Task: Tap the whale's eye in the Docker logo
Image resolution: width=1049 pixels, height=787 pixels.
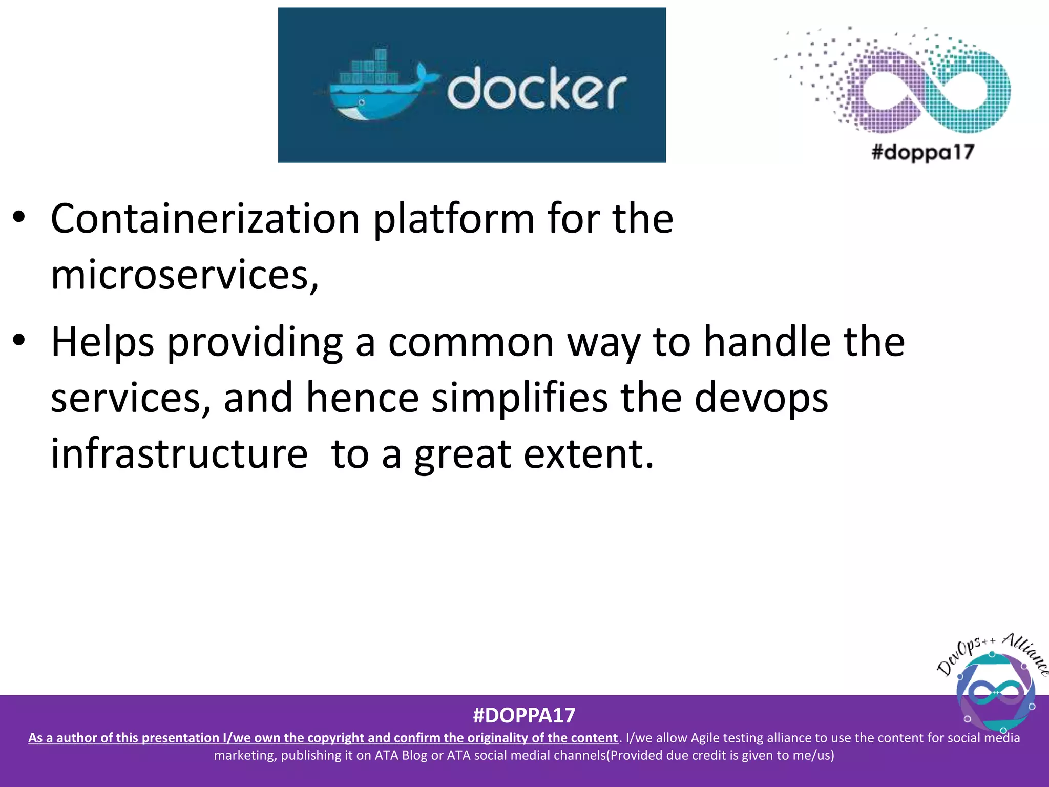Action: click(x=361, y=102)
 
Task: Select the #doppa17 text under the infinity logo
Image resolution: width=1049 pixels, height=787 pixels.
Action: click(x=922, y=152)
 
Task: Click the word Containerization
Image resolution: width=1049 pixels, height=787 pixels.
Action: click(x=205, y=219)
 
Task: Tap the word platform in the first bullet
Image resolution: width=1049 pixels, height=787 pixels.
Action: click(x=453, y=219)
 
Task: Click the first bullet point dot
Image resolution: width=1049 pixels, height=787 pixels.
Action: click(x=19, y=217)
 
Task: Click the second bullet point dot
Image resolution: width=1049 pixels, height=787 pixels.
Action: click(x=19, y=340)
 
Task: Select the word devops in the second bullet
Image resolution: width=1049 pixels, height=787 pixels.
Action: click(x=761, y=398)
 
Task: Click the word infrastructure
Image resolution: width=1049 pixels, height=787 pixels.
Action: click(x=179, y=454)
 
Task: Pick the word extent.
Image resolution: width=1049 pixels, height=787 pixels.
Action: click(x=589, y=454)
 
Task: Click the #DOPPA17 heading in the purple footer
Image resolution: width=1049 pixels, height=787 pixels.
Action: click(x=524, y=715)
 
